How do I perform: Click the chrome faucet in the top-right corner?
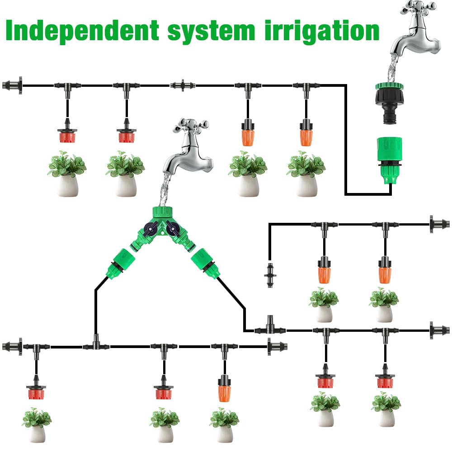415,29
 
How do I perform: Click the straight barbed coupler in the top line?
183,85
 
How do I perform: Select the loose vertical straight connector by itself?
270,275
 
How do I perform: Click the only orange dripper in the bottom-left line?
224,388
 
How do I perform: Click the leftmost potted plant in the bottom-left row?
37,425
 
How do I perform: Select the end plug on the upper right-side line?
440,224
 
